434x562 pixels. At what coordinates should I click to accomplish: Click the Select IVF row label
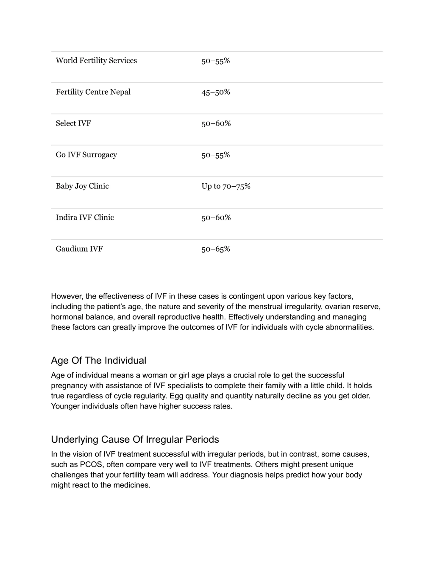tap(73, 123)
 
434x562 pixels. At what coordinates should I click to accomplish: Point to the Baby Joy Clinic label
tap(82, 186)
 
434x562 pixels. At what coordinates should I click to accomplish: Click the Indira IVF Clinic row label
tap(85, 217)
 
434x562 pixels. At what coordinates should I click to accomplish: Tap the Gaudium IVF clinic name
tap(79, 249)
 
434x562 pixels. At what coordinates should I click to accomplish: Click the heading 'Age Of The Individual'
tap(98, 360)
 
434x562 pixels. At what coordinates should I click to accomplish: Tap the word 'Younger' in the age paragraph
tap(66, 406)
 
